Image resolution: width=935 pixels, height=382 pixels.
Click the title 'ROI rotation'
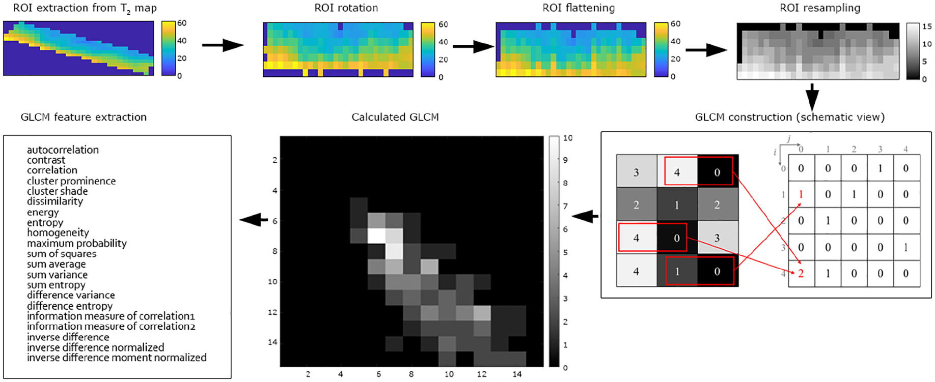tap(346, 8)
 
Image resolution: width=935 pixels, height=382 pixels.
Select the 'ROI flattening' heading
tap(579, 8)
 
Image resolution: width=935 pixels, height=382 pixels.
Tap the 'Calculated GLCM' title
tap(395, 117)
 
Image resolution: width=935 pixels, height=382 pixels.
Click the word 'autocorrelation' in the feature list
tap(63, 150)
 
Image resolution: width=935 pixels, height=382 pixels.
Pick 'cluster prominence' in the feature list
tap(71, 181)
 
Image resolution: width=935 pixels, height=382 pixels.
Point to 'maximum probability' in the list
tap(77, 243)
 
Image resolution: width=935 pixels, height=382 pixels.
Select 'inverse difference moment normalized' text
tap(117, 358)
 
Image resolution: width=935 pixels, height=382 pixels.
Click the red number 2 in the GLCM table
tap(801, 274)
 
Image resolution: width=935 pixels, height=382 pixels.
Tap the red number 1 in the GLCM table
tap(801, 194)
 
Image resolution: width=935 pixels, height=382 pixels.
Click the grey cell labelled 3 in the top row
tap(637, 172)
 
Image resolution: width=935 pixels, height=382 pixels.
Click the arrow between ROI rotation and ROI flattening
tap(473, 47)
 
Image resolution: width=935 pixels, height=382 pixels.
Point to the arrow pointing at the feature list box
tap(254, 220)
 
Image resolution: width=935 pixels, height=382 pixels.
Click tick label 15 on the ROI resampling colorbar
tap(927, 26)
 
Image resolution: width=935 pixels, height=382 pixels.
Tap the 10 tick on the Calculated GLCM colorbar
tap(568, 138)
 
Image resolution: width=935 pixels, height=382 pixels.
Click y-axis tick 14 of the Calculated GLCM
tap(272, 342)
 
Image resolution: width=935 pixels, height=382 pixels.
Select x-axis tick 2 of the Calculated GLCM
tap(308, 374)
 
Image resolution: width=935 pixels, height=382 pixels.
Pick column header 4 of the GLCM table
tap(905, 149)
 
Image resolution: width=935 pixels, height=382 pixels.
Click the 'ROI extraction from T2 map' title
tap(85, 9)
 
